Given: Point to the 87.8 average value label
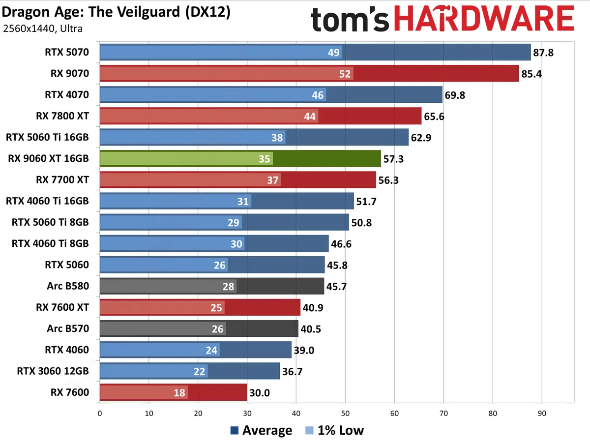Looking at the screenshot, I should tap(543, 53).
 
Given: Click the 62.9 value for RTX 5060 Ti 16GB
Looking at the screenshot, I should tap(421, 138).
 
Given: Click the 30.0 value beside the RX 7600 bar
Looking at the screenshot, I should tap(259, 393).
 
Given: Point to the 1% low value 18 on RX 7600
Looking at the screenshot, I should tap(179, 393).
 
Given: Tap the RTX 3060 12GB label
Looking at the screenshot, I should tap(53, 371).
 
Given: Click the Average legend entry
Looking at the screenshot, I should tap(261, 431).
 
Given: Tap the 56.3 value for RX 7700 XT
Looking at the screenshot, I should tap(388, 180).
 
